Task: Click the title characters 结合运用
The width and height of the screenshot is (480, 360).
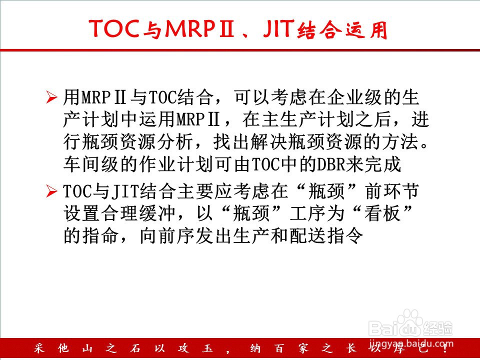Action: click(342, 30)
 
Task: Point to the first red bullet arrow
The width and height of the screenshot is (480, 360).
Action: click(51, 97)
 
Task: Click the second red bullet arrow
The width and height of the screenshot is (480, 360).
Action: click(51, 191)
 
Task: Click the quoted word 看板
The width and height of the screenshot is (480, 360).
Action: click(383, 213)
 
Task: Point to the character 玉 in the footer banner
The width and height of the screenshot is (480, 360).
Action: click(207, 348)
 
